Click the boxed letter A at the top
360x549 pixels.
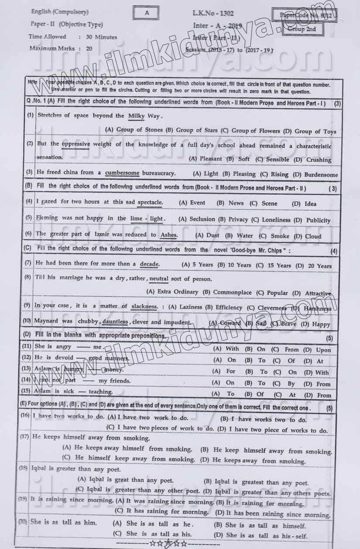(147, 13)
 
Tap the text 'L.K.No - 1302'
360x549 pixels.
(213, 13)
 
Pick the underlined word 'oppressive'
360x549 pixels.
(76, 144)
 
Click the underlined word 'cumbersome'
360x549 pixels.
(122, 173)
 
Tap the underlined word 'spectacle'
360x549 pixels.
(150, 202)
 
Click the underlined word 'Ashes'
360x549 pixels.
(169, 235)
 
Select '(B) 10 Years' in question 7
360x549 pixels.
(234, 265)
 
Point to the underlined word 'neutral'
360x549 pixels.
(159, 279)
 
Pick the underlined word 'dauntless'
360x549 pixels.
(115, 322)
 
